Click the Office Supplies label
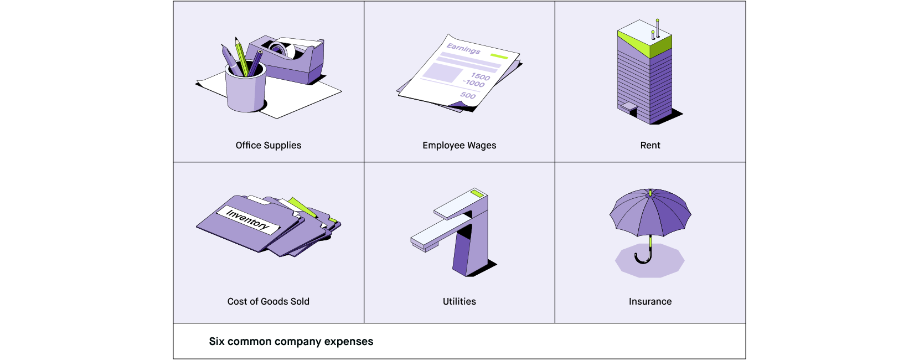point(269,145)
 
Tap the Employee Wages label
point(459,145)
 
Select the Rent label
point(650,145)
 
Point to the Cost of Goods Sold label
point(269,301)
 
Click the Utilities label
point(459,301)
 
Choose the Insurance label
point(650,301)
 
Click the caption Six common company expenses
point(291,341)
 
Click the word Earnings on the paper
point(463,49)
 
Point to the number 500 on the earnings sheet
point(468,95)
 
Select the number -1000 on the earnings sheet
point(474,83)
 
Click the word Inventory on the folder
point(247,219)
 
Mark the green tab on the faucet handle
point(477,193)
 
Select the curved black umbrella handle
point(643,258)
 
